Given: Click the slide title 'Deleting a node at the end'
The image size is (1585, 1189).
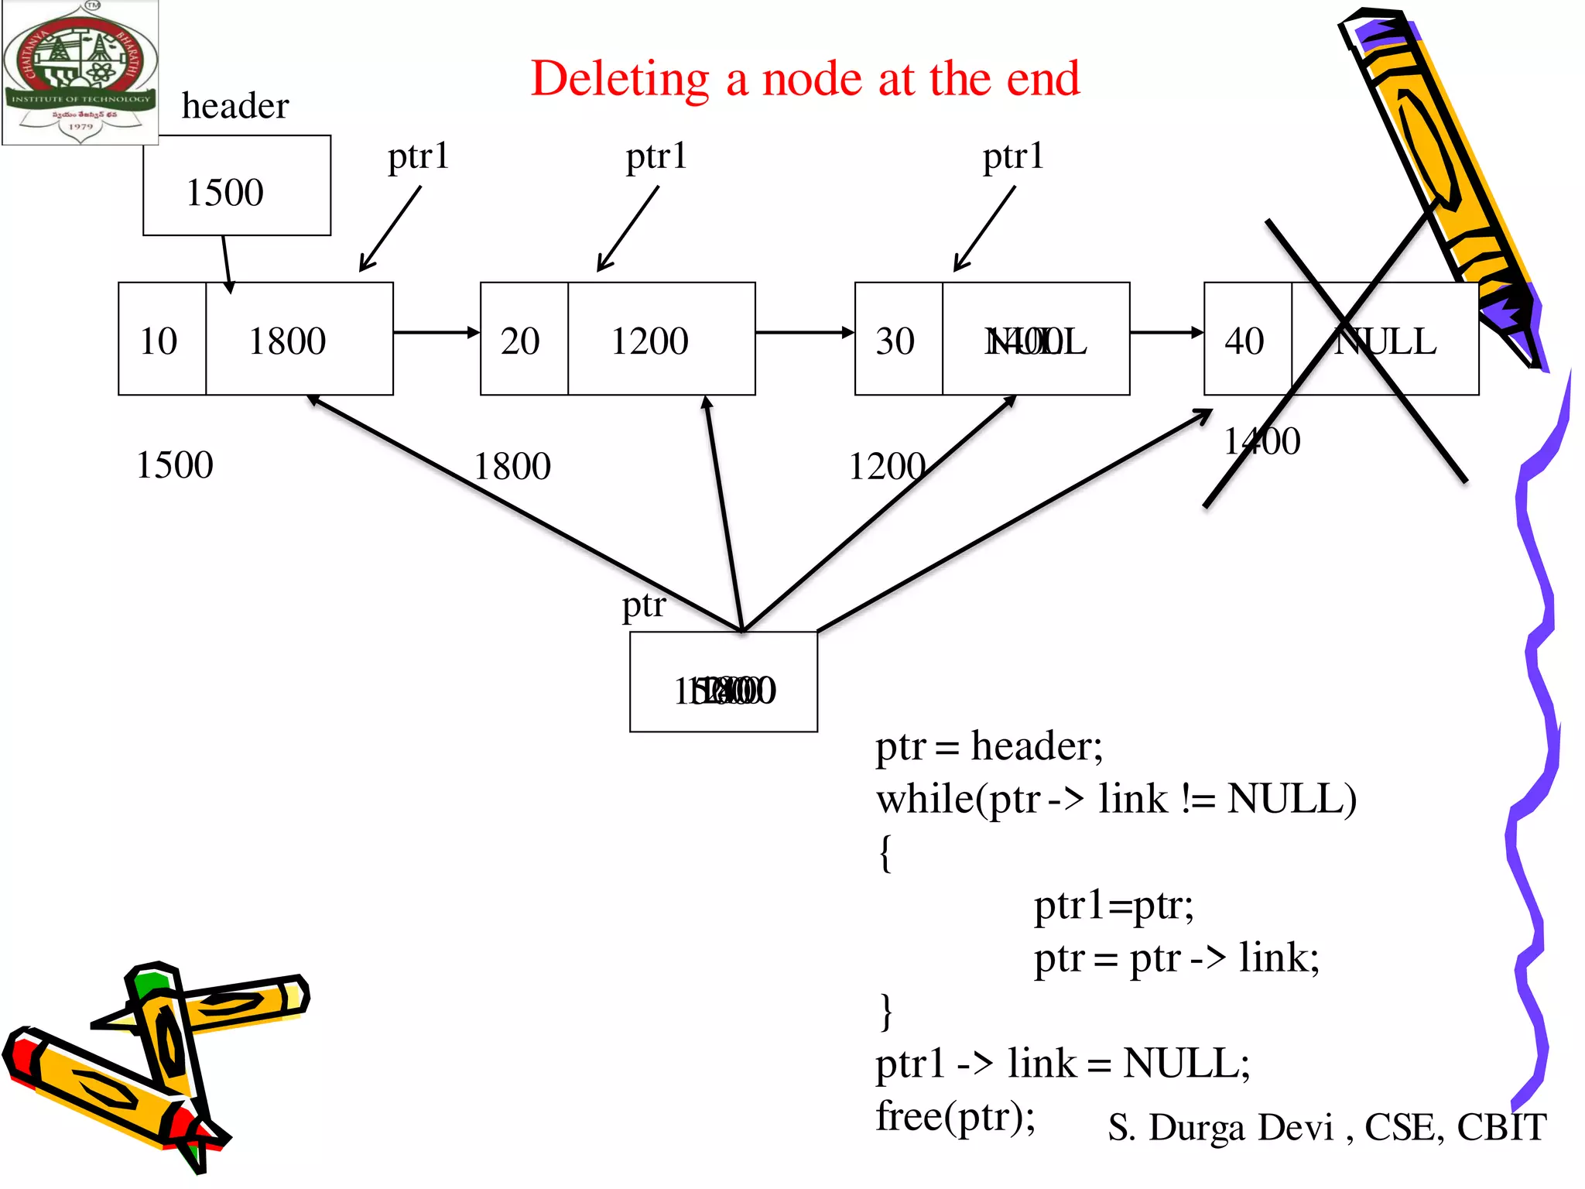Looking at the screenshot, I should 805,79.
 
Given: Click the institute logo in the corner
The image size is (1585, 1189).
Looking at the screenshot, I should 80,73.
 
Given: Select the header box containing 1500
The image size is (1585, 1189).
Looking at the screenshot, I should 236,186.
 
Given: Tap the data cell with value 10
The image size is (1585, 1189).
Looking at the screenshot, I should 161,340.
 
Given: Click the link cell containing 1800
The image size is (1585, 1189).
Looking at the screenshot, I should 299,340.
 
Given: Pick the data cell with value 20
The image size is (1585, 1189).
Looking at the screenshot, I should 523,340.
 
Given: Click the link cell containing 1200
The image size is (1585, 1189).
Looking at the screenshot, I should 661,340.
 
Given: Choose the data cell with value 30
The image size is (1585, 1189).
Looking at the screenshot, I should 898,340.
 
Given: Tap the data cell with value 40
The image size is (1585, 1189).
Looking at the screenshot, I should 1247,340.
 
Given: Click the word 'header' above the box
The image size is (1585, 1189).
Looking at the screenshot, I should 235,106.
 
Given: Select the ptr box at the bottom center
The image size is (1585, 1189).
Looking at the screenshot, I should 723,682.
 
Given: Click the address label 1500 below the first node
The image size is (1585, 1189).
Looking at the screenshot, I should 174,465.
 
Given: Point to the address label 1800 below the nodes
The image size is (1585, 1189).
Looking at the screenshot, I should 512,466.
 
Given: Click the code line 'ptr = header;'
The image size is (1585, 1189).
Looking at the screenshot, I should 989,747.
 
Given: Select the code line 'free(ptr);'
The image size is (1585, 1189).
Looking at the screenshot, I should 955,1116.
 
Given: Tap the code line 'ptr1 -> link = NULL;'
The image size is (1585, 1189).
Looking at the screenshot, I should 1062,1064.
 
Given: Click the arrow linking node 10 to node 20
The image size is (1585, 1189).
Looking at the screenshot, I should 436,333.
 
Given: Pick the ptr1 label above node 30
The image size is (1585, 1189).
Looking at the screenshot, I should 1013,156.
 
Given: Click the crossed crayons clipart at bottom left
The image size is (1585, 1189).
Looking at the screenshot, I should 155,1064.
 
